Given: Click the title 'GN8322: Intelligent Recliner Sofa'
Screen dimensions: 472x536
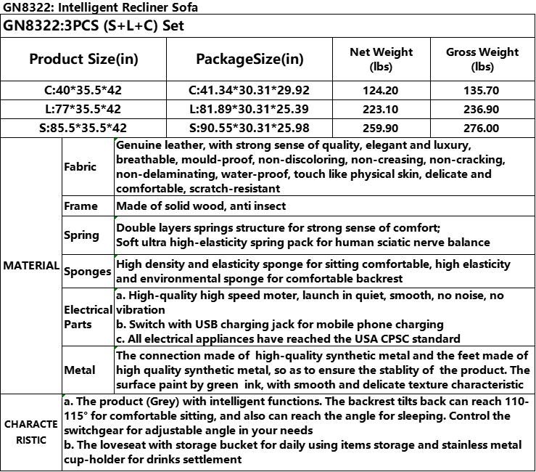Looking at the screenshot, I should [x=100, y=7].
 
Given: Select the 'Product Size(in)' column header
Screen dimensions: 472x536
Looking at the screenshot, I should [x=84, y=59].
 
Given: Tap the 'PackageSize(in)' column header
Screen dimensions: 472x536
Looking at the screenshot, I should [x=250, y=59].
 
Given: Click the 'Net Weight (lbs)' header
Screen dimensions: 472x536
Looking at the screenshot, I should [x=381, y=59].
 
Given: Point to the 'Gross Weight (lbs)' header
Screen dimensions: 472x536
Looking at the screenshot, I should [x=482, y=59].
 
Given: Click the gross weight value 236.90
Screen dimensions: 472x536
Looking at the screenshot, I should [x=482, y=110].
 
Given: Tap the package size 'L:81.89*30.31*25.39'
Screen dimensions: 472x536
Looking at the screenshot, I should [x=250, y=110].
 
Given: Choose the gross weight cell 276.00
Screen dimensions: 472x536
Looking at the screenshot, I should [x=482, y=128].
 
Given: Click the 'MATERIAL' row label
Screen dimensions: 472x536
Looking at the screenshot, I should [x=31, y=266].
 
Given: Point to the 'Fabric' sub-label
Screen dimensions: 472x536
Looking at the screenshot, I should [x=80, y=166].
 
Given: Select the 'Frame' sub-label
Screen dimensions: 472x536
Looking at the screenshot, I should [x=81, y=206].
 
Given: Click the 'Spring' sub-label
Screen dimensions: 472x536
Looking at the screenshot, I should [x=81, y=235].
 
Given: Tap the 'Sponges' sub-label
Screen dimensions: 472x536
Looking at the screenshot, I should [x=87, y=271].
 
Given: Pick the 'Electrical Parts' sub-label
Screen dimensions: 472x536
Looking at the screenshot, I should [x=87, y=317].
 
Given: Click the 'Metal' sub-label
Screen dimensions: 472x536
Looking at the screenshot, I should [x=79, y=370].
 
